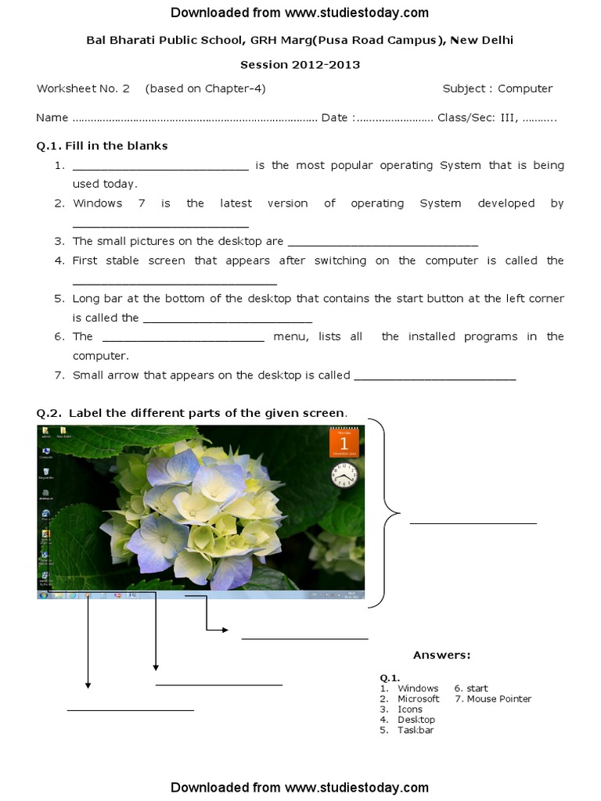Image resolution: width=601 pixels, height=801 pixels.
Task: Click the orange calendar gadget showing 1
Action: click(x=344, y=443)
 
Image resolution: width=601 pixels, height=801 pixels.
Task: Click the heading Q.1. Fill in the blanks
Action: click(x=102, y=145)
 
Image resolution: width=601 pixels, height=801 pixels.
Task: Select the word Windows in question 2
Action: click(x=97, y=203)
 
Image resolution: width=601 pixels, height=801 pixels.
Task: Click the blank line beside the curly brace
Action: click(x=473, y=522)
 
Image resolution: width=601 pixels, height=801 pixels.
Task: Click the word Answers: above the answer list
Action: click(x=441, y=655)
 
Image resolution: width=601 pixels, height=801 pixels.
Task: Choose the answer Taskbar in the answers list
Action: click(x=416, y=730)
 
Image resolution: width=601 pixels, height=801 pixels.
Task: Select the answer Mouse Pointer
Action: click(x=498, y=699)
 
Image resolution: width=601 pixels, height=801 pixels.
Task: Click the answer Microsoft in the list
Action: click(x=418, y=699)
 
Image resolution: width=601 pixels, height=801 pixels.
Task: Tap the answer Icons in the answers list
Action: click(x=409, y=709)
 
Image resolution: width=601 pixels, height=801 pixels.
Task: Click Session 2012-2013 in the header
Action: click(x=300, y=65)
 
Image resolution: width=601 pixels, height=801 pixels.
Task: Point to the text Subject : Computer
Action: click(x=497, y=88)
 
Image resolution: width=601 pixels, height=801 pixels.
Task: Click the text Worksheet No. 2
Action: click(x=83, y=88)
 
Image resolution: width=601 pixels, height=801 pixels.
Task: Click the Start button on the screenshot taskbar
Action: click(x=42, y=595)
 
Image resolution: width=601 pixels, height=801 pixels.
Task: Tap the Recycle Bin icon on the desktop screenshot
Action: click(x=46, y=472)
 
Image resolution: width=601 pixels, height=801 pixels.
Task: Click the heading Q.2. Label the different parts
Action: click(x=192, y=413)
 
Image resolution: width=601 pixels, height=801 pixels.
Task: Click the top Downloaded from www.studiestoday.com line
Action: click(x=300, y=13)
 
